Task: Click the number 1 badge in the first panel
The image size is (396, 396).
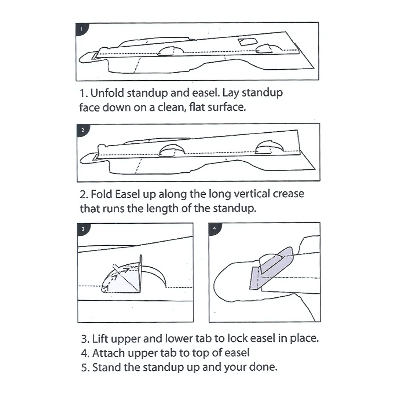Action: click(x=82, y=29)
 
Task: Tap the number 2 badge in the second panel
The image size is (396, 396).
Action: click(x=82, y=130)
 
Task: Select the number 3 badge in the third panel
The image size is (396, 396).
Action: click(x=83, y=229)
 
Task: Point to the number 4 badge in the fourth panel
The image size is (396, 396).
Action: click(x=214, y=229)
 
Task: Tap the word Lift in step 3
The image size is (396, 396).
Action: click(x=100, y=339)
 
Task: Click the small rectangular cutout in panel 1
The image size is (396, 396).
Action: click(x=248, y=42)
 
